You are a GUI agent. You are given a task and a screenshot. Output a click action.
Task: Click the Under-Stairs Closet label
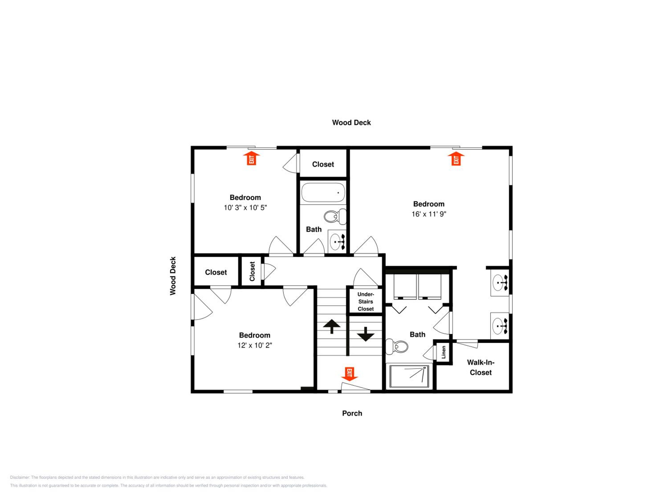click(x=365, y=301)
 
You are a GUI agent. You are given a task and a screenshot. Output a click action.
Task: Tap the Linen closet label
click(x=443, y=352)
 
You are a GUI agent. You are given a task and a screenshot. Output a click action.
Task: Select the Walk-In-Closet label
click(x=481, y=367)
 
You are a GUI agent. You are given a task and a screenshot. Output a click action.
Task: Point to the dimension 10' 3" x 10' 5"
click(x=245, y=208)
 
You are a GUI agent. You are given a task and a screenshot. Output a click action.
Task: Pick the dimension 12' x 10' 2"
click(x=255, y=345)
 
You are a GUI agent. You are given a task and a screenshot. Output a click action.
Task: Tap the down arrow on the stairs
click(x=366, y=334)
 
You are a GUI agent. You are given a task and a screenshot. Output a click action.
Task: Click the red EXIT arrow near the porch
click(x=349, y=374)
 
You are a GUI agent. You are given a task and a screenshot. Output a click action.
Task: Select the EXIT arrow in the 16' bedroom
click(x=456, y=159)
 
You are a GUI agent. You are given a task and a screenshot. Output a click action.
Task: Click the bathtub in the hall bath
click(x=323, y=192)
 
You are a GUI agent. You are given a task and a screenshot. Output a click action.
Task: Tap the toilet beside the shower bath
click(x=397, y=347)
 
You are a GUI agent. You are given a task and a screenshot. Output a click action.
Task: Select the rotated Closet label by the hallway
click(x=252, y=271)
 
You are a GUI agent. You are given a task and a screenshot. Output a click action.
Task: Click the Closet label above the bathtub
click(x=323, y=164)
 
